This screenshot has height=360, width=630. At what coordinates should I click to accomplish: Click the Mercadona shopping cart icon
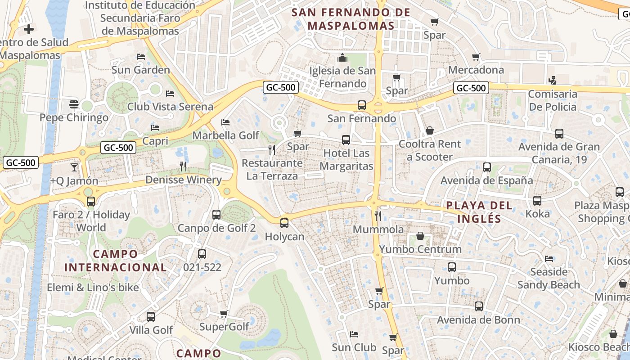(x=476, y=57)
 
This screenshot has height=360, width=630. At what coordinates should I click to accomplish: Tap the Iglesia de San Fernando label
(x=342, y=77)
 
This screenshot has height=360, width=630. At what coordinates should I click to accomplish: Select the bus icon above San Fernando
(x=361, y=105)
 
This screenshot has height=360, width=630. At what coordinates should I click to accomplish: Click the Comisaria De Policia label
(x=553, y=100)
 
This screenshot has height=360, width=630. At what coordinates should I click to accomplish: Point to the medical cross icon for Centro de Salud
(x=29, y=30)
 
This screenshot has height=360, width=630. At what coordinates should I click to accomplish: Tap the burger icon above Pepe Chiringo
(x=74, y=104)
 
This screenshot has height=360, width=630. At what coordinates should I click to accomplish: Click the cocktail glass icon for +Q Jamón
(x=74, y=167)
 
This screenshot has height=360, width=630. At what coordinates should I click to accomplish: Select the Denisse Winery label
(x=183, y=180)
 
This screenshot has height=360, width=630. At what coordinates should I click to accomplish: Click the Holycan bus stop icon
(x=284, y=223)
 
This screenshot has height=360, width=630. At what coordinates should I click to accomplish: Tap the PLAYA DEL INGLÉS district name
(x=479, y=212)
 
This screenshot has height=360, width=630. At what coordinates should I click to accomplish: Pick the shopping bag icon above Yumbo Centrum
(x=420, y=236)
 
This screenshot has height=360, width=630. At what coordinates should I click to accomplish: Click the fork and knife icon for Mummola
(x=378, y=216)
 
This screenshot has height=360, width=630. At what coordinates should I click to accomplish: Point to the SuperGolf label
(x=224, y=327)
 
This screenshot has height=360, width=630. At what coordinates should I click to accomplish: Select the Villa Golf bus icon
(x=151, y=316)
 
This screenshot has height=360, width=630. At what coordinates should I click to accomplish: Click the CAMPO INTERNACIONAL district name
(x=116, y=261)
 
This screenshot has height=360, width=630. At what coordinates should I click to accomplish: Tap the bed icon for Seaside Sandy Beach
(x=549, y=258)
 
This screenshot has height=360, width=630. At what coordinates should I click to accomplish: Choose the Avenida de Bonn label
(x=479, y=320)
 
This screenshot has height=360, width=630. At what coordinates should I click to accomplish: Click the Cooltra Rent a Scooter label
(x=430, y=150)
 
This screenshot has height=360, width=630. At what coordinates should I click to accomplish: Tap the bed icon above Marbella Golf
(x=225, y=122)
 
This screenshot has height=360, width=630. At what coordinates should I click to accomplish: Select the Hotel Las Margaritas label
(x=346, y=159)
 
